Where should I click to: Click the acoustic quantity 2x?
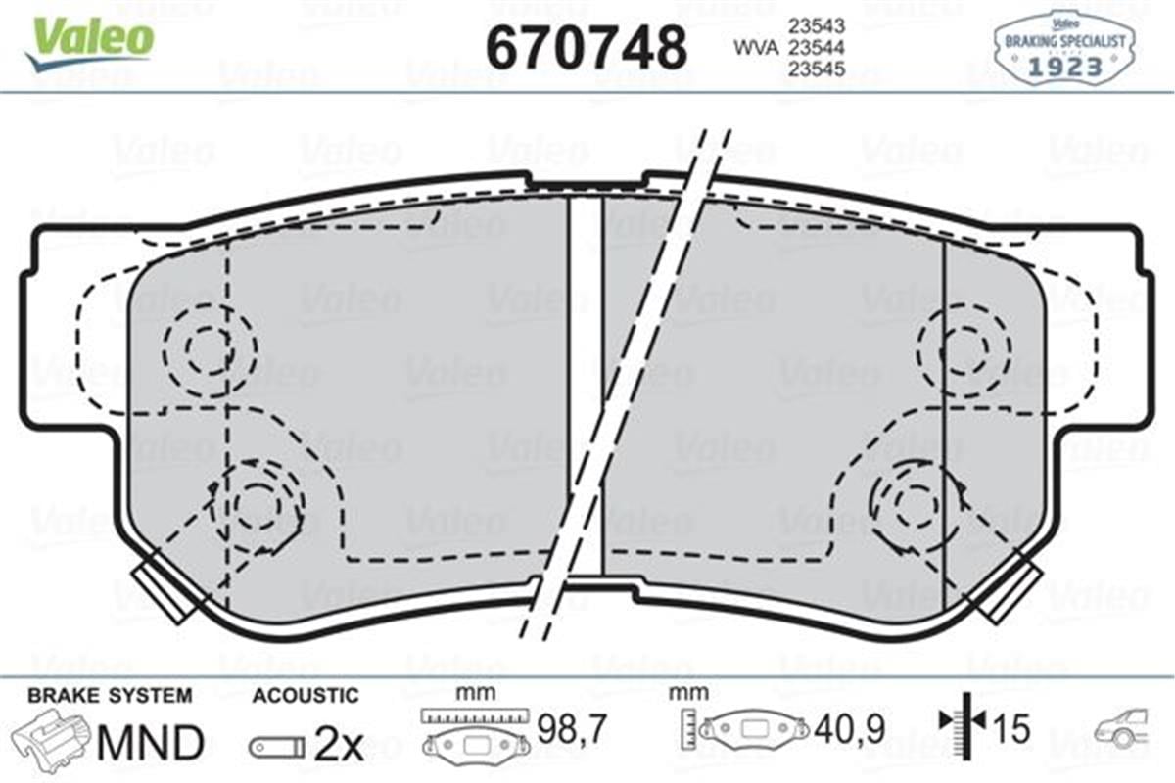click(x=339, y=746)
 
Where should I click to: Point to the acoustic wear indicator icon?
click(x=276, y=747)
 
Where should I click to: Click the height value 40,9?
click(x=850, y=728)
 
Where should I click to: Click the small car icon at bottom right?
click(x=1124, y=730)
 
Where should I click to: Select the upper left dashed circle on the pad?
click(x=209, y=348)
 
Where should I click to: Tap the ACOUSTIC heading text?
click(x=305, y=696)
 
